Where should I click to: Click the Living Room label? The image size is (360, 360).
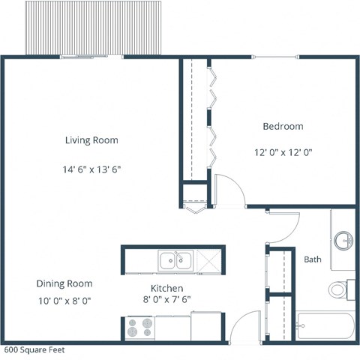(91, 140)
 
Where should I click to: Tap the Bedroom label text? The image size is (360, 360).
(283, 126)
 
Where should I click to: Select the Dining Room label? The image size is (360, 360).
(64, 283)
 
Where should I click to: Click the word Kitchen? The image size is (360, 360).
(167, 288)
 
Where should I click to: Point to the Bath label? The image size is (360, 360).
(313, 259)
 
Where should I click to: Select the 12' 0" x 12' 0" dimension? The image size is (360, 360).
(283, 151)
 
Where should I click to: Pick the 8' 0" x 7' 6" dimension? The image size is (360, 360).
(167, 302)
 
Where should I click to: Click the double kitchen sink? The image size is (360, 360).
(177, 261)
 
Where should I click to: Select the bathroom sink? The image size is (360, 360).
(343, 241)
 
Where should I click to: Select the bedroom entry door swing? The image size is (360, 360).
(227, 190)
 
